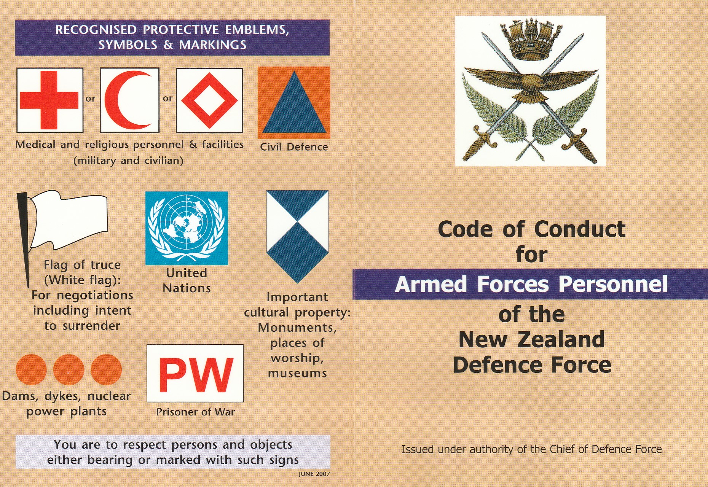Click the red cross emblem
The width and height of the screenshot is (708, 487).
point(49,100)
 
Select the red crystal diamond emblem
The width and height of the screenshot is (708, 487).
point(209,100)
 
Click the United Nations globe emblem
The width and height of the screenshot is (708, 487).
point(187,228)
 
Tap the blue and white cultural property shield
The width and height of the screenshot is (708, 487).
point(297,236)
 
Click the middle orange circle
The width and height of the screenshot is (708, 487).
point(69,369)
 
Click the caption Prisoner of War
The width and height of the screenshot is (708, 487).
point(195,412)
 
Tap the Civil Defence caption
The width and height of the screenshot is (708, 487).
point(294,147)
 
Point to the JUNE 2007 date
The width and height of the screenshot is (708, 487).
point(314,474)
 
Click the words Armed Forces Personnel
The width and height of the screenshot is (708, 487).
point(531,284)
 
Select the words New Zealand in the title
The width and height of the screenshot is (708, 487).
point(532,339)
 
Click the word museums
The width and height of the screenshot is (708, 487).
point(297,373)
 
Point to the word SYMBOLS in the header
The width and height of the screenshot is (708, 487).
point(128,45)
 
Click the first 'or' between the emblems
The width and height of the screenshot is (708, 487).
point(91,99)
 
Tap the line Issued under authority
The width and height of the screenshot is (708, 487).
point(532,449)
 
